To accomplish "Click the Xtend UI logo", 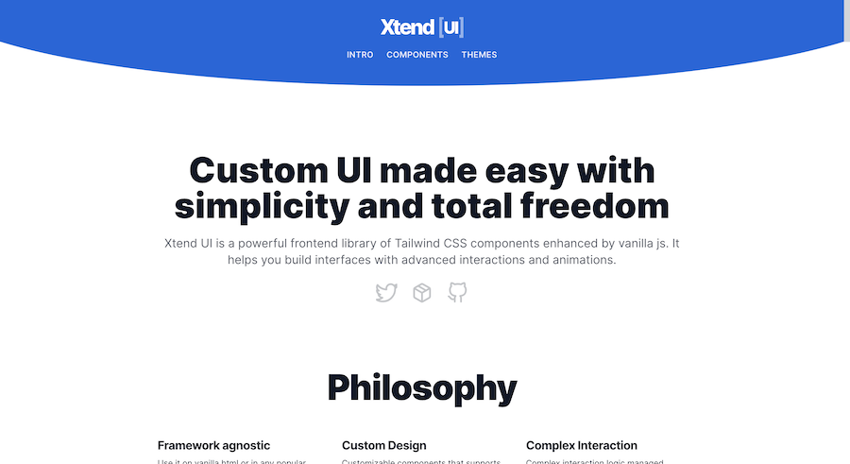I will (421, 26).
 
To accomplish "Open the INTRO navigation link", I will (360, 55).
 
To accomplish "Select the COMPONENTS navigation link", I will (417, 55).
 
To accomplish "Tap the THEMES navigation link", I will (479, 55).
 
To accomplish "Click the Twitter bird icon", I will (386, 293).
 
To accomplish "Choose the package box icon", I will (422, 293).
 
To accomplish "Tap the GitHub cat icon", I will (457, 293).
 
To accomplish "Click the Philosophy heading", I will (422, 388).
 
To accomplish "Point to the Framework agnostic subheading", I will (213, 445).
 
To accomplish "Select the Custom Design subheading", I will (383, 445).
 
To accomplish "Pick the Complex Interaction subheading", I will (581, 445).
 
